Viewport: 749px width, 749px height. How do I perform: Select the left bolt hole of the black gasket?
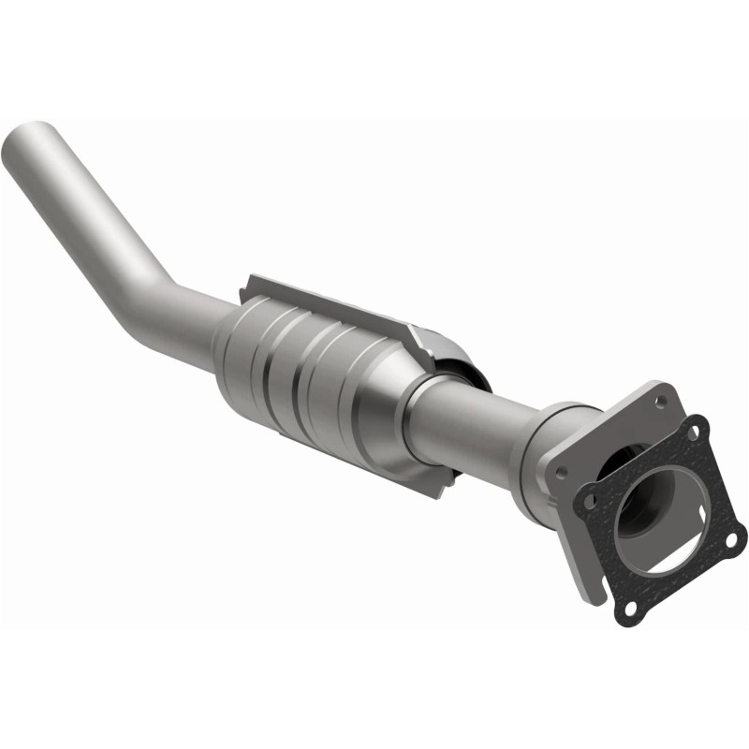[589, 501]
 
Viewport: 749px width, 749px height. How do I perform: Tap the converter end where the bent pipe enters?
[229, 346]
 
